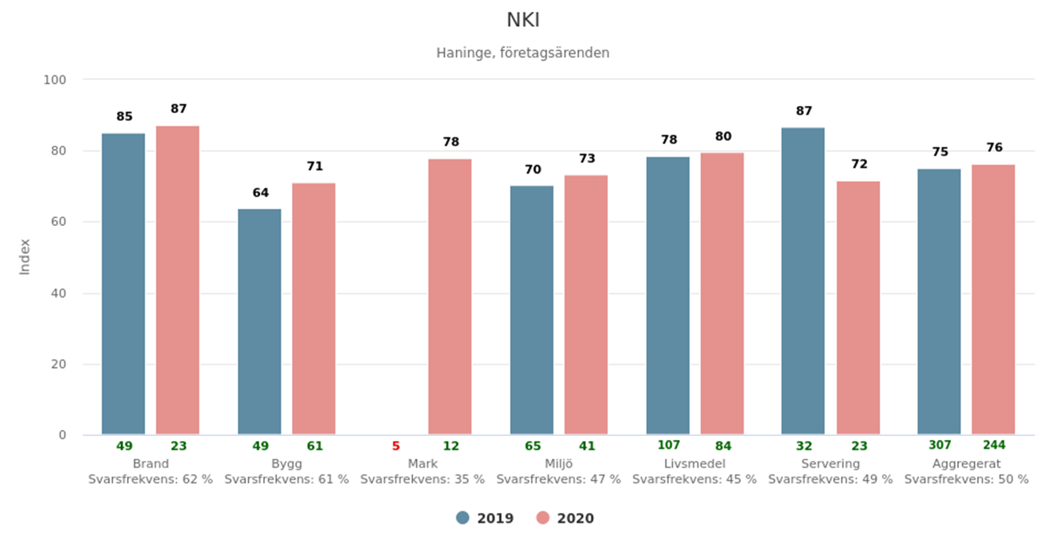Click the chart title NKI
click(523, 20)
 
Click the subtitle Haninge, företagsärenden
click(523, 53)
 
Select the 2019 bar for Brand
click(123, 284)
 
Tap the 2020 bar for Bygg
click(313, 308)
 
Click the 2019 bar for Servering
click(803, 281)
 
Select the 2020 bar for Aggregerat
click(993, 300)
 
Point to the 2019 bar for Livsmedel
click(667, 296)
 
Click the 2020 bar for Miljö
click(586, 304)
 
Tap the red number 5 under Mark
click(396, 446)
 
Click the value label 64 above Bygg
click(260, 193)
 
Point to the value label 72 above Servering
click(859, 165)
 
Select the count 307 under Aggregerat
click(939, 446)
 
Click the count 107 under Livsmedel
click(668, 446)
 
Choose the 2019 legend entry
click(485, 518)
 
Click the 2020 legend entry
click(565, 518)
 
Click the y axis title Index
click(25, 256)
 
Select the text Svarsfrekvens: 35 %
click(422, 479)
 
